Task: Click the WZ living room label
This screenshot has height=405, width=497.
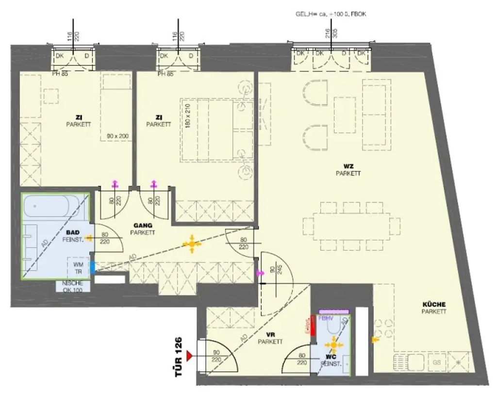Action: click(348, 170)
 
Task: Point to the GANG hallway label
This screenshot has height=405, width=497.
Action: click(143, 229)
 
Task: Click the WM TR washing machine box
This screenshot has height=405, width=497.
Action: click(78, 268)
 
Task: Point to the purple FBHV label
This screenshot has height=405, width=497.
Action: click(326, 318)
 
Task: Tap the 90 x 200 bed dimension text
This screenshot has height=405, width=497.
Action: click(118, 137)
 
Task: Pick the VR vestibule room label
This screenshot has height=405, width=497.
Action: click(270, 338)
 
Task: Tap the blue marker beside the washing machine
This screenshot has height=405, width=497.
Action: click(92, 265)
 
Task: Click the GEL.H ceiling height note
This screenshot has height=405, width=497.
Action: click(331, 15)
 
